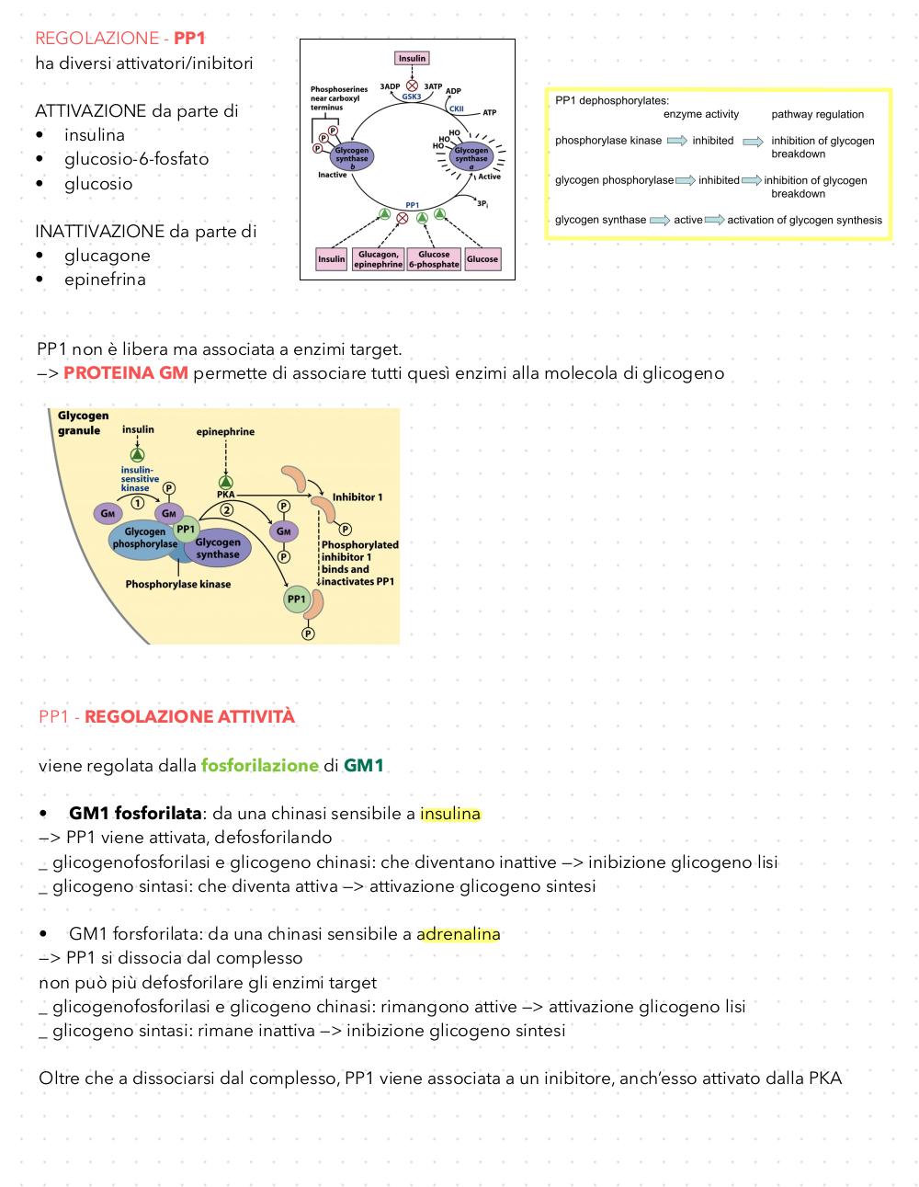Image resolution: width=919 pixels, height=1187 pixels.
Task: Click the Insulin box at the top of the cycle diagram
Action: [412, 58]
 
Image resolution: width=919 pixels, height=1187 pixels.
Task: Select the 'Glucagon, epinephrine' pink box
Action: [379, 259]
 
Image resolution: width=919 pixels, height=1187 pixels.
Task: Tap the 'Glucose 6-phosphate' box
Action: [434, 259]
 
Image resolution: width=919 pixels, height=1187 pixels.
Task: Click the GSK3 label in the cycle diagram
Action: [412, 97]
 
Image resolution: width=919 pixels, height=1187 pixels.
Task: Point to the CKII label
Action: [456, 108]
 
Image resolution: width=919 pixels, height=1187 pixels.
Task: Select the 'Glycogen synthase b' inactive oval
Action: [352, 157]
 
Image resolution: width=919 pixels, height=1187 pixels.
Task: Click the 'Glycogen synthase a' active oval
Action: [471, 157]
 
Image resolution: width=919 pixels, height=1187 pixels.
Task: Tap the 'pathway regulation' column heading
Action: [817, 114]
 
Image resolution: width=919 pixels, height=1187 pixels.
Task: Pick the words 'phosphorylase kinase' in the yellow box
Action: [608, 141]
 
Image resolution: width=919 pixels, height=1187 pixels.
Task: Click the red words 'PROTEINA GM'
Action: [126, 372]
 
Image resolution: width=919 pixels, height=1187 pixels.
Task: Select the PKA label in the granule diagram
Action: [225, 494]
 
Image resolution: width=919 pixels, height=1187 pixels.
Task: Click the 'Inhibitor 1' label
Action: [357, 496]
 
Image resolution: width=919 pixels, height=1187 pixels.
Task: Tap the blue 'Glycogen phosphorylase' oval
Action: [144, 538]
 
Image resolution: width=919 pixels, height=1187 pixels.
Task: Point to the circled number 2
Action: [226, 509]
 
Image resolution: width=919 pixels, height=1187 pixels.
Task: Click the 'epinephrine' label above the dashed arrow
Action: [225, 431]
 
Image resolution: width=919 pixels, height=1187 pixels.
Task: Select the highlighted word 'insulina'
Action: [450, 814]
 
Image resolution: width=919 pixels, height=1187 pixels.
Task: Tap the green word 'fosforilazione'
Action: [260, 765]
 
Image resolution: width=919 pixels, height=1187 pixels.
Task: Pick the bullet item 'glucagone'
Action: [107, 255]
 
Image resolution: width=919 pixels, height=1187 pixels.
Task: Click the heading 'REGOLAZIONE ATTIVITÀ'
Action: [189, 716]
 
